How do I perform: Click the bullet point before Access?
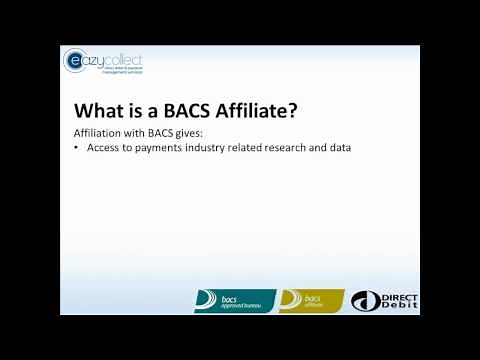[x=79, y=149]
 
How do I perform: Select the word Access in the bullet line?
[x=106, y=149]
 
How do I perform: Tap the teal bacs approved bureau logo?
[x=234, y=300]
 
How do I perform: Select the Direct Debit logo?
[x=385, y=300]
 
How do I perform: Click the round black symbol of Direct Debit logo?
[x=367, y=301]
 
